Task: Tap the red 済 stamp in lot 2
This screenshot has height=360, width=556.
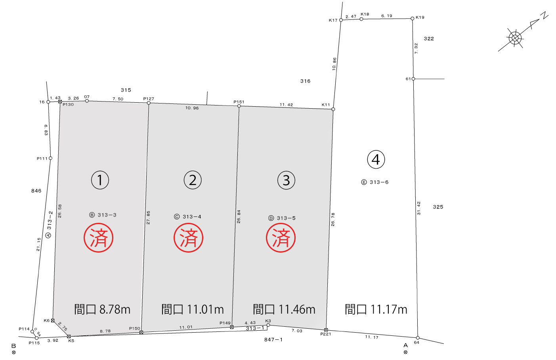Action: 188,237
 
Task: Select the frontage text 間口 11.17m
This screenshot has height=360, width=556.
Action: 376,309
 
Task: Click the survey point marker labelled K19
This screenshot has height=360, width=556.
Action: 412,18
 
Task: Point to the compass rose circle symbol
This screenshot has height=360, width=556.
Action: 515,38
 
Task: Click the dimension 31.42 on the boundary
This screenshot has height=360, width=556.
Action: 419,208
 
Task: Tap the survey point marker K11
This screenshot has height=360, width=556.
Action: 333,109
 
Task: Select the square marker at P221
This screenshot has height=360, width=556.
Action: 326,330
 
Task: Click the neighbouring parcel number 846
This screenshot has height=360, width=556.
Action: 36,191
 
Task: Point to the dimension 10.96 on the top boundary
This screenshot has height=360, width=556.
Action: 192,108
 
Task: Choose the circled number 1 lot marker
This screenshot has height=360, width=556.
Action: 100,180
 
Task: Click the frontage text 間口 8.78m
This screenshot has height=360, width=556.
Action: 102,309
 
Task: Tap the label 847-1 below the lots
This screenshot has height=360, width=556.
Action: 273,339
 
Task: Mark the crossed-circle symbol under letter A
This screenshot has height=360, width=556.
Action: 405,352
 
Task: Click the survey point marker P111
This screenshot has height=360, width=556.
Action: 50,158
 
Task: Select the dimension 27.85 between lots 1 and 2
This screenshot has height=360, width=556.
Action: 148,218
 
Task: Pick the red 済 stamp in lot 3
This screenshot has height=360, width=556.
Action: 281,237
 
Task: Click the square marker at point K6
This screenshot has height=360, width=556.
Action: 53,320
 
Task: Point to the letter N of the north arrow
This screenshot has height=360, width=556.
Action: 545,15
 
